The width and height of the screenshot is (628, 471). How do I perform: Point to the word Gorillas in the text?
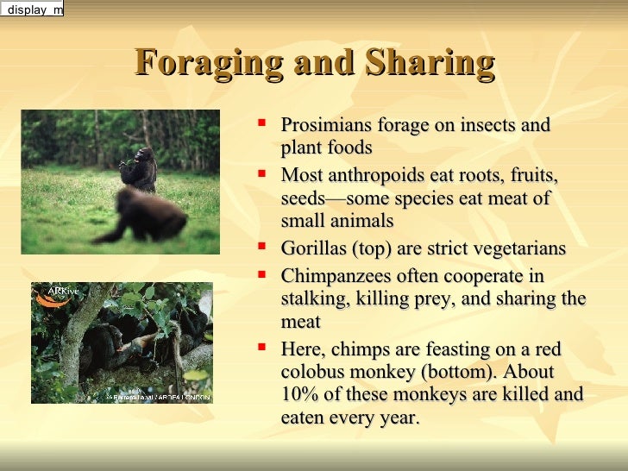coord(312,249)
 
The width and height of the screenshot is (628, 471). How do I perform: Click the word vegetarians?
coord(518,249)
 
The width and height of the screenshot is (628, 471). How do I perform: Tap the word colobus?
coord(311,373)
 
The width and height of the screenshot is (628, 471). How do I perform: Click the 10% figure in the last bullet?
coord(298,395)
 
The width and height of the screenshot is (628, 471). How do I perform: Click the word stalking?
coord(312,299)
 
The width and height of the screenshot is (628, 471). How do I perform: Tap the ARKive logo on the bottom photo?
coord(55,295)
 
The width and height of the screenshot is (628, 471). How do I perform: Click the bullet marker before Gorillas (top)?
coord(262,248)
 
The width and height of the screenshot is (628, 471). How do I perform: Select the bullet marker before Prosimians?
coord(262,124)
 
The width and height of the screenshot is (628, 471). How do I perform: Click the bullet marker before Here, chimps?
coord(262,348)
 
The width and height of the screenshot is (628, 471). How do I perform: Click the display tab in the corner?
coord(32,9)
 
